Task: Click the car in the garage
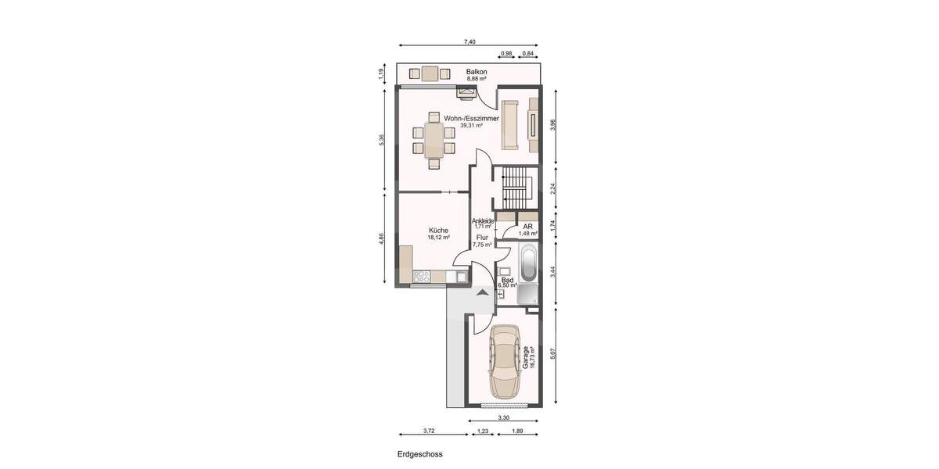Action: pos(505,362)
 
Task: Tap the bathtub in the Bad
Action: pos(527,263)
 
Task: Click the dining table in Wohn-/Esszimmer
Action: pos(434,140)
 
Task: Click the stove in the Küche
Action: pos(422,275)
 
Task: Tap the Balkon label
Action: pos(477,72)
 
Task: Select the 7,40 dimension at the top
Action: pos(469,41)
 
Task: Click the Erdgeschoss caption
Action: pos(419,453)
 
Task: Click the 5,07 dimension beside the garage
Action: pos(553,353)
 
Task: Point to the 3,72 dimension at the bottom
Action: pos(429,430)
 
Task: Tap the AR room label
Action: pos(527,227)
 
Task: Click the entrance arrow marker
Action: pos(483,292)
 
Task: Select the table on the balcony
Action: pos(430,74)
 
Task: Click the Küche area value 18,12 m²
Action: pos(438,238)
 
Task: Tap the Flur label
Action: pos(482,237)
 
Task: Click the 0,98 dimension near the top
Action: pos(506,53)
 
